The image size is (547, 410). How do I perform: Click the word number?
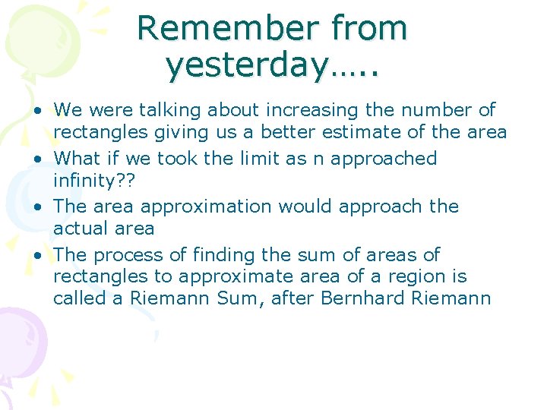[417, 111]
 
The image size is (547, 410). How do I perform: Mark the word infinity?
[84, 181]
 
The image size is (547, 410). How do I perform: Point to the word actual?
[81, 229]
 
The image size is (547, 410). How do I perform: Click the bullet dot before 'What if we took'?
[37, 159]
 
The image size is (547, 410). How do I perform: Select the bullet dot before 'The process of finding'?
[37, 256]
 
